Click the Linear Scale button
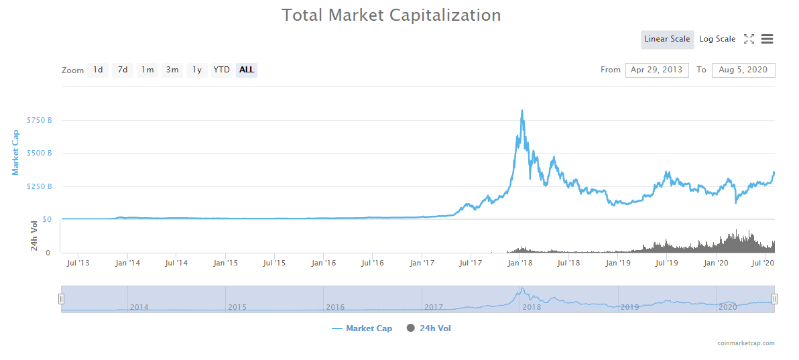[x=667, y=39]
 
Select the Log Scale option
[x=717, y=39]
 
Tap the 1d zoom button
[x=98, y=70]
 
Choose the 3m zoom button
[x=172, y=70]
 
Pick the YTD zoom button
[x=222, y=70]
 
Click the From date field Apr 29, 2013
[x=657, y=70]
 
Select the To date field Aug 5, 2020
[x=743, y=70]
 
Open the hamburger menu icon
[x=767, y=39]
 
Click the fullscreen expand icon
[x=749, y=39]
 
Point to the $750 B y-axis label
[x=39, y=121]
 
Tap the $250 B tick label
[x=39, y=186]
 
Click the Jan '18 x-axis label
[x=520, y=263]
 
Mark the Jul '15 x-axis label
[x=274, y=263]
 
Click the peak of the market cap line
[x=522, y=111]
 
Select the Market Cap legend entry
[x=362, y=328]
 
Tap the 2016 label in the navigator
[x=335, y=307]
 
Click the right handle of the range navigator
[x=774, y=299]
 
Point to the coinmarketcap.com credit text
[x=745, y=343]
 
